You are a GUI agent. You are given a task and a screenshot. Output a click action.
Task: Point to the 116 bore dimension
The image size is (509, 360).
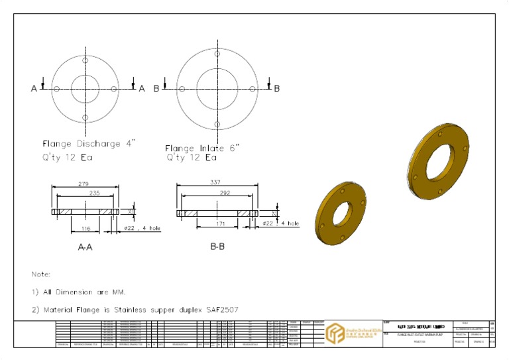point(85,228)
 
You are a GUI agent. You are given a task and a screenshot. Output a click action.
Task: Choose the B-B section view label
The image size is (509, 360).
point(217,247)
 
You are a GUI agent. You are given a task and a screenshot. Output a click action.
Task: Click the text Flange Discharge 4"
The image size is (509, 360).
point(89,144)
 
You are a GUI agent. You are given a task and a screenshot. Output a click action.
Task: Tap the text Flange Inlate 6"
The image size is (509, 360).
point(202,148)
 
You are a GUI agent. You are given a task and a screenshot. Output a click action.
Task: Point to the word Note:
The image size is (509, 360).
point(41,273)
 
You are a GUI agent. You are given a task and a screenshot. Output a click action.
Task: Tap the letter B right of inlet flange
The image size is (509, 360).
point(276,88)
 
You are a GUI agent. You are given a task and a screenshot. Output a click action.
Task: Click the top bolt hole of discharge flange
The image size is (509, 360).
point(85,60)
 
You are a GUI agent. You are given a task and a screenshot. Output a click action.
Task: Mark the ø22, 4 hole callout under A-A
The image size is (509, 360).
point(142,228)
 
